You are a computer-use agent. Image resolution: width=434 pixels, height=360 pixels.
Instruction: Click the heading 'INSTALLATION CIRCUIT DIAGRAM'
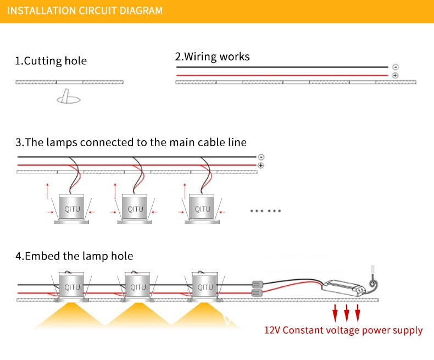pyautogui.click(x=85, y=10)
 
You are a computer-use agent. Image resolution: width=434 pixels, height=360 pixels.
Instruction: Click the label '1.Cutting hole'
pyautogui.click(x=51, y=60)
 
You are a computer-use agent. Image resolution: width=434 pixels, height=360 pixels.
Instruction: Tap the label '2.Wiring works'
pyautogui.click(x=212, y=57)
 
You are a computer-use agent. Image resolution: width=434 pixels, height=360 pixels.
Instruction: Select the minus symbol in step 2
pyautogui.click(x=396, y=67)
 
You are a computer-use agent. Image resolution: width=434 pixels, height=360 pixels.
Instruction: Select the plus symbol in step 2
pyautogui.click(x=396, y=75)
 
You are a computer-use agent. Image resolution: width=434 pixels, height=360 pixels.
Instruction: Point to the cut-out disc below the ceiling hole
pyautogui.click(x=68, y=99)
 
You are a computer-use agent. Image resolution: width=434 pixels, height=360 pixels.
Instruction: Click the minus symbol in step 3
pyautogui.click(x=261, y=157)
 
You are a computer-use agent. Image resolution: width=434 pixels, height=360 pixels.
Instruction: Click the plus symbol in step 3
pyautogui.click(x=261, y=165)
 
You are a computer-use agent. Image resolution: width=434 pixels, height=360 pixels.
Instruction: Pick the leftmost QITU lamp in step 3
pyautogui.click(x=72, y=209)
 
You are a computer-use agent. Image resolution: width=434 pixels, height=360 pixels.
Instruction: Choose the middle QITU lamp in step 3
pyautogui.click(x=135, y=209)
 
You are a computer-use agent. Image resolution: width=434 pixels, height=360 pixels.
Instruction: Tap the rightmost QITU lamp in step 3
pyautogui.click(x=202, y=209)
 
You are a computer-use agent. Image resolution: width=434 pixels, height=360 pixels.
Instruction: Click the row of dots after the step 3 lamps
pyautogui.click(x=265, y=211)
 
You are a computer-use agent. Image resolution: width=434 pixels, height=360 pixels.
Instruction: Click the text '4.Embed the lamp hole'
pyautogui.click(x=74, y=256)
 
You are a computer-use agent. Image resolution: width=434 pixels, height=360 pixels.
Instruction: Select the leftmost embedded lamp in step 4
pyautogui.click(x=72, y=287)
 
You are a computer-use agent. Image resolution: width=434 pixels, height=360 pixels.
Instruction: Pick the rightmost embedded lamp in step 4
pyautogui.click(x=205, y=287)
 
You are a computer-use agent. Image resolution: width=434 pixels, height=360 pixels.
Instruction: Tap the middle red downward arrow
pyautogui.click(x=347, y=313)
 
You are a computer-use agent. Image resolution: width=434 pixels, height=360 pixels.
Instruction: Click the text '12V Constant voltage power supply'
pyautogui.click(x=343, y=330)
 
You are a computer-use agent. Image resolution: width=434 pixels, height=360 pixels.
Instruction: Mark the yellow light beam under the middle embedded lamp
pyautogui.click(x=138, y=316)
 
